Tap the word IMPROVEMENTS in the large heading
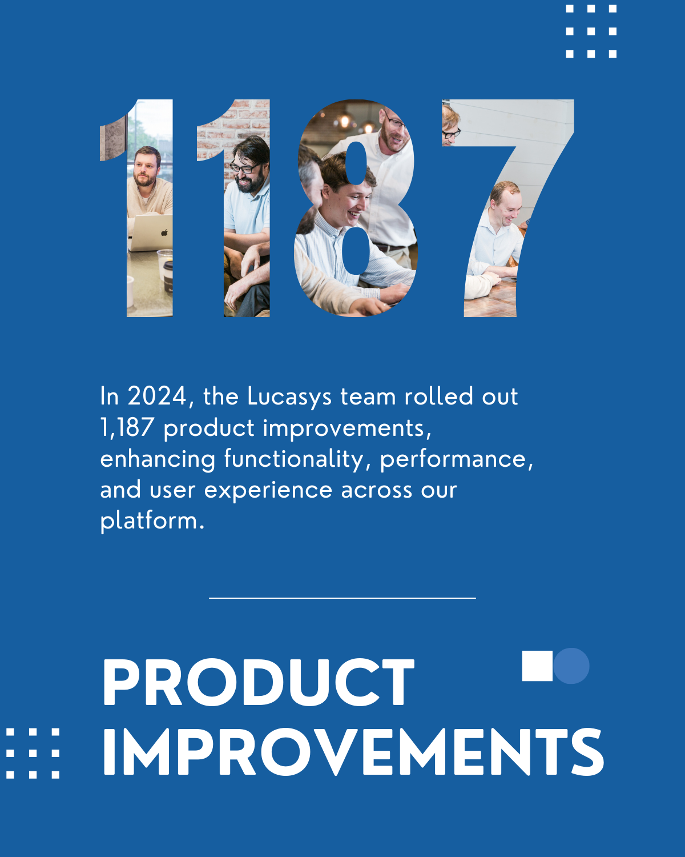pos(352,752)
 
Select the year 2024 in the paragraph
pos(157,396)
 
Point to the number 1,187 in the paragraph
pos(127,427)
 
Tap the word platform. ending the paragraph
pos(152,521)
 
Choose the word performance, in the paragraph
pos(457,459)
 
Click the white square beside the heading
pos(537,666)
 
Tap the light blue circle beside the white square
pos(573,666)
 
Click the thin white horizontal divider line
pos(342,598)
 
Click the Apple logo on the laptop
pos(164,233)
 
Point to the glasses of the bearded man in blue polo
pos(244,168)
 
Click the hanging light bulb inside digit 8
pos(345,121)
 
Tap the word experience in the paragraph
pos(268,490)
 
